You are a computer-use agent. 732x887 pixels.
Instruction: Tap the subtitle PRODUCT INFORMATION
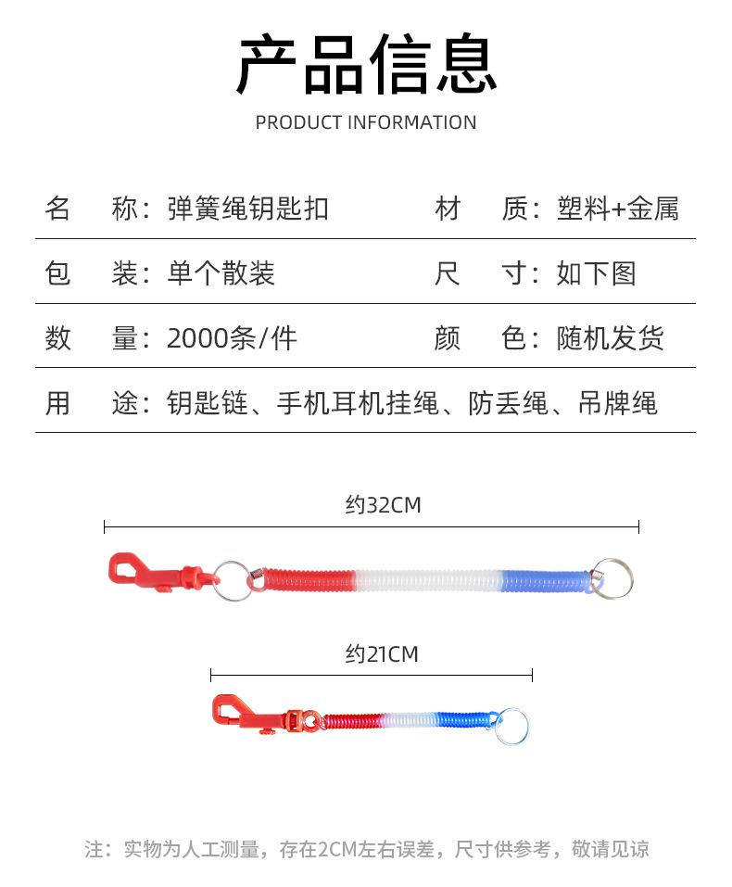[366, 122]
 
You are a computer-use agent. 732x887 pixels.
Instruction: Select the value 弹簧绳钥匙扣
[247, 209]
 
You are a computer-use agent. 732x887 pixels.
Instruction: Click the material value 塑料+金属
[618, 209]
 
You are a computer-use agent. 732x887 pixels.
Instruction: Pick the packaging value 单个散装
[221, 273]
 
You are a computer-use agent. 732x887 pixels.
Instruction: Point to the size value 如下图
[596, 273]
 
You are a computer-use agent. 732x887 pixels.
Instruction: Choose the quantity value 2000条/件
[232, 338]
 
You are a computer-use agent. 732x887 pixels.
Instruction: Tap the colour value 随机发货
[610, 338]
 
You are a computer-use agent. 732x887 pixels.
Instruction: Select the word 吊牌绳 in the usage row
[617, 403]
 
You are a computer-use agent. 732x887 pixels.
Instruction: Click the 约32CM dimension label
[383, 505]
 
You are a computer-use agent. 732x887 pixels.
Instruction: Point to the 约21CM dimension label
[382, 654]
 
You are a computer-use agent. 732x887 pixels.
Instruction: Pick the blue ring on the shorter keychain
[510, 726]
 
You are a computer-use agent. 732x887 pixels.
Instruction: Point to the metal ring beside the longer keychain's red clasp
[233, 580]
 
